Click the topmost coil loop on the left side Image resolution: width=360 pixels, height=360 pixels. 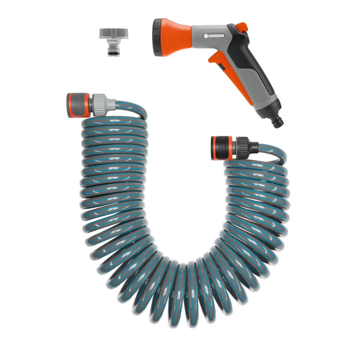click(115, 122)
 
